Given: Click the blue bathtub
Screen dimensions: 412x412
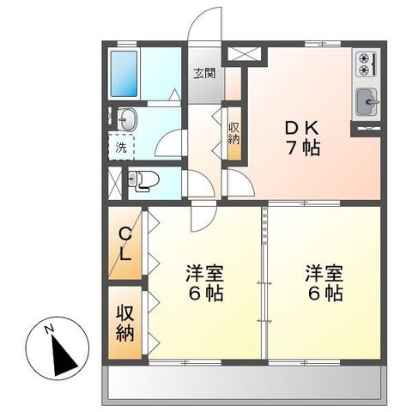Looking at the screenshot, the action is click(124, 74).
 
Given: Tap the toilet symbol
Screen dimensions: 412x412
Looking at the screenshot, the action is click(143, 181).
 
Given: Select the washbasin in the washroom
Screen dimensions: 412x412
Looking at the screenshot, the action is click(128, 119).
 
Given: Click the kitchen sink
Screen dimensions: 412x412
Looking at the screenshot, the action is click(367, 102).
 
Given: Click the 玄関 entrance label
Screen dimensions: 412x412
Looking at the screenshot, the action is click(204, 74).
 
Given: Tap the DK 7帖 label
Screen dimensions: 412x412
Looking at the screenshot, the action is click(302, 138).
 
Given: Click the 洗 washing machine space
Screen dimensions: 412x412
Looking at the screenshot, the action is click(121, 148).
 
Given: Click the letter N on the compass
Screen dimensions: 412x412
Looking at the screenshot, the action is click(50, 329).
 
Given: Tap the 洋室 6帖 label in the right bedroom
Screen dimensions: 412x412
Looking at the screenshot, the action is click(324, 283).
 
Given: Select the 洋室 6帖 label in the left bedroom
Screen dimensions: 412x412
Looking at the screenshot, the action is click(205, 283).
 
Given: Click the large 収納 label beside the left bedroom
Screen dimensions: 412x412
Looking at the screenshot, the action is click(125, 324).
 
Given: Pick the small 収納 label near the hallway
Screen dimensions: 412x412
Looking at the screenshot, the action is click(233, 133).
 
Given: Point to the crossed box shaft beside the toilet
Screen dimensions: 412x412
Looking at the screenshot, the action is click(115, 184).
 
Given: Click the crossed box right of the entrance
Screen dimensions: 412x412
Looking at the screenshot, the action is click(245, 54).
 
